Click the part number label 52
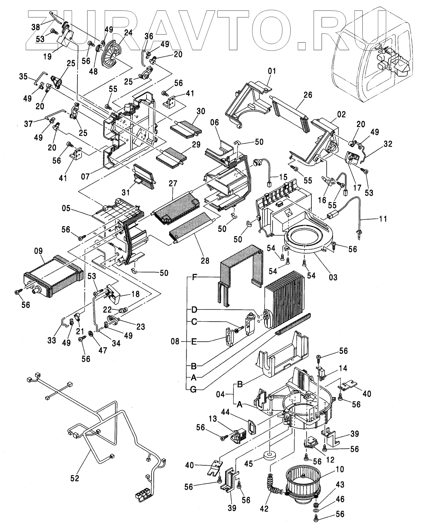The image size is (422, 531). tap(75, 478)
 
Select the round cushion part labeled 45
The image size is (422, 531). tap(270, 463)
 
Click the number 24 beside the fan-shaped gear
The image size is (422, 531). tap(128, 33)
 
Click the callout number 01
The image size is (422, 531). tap(272, 71)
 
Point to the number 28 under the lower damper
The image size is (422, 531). tap(205, 260)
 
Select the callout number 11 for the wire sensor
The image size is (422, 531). tap(383, 218)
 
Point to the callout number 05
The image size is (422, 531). tap(66, 208)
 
